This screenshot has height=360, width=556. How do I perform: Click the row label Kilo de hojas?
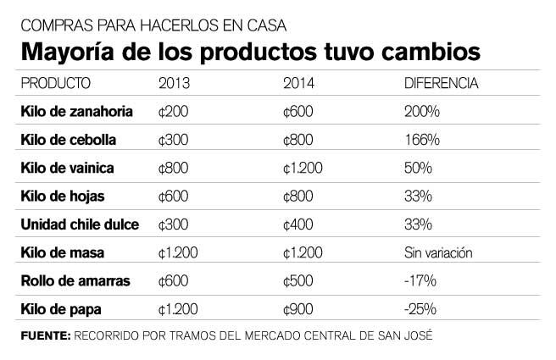click(61, 196)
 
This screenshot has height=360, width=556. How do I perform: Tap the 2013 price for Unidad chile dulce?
click(174, 224)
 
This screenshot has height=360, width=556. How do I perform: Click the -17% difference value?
click(417, 281)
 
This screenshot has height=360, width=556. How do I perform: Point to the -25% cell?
click(418, 309)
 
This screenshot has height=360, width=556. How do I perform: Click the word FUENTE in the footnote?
click(44, 335)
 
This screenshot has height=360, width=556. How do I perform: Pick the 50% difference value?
click(415, 168)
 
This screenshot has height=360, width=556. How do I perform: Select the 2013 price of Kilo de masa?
click(178, 252)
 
